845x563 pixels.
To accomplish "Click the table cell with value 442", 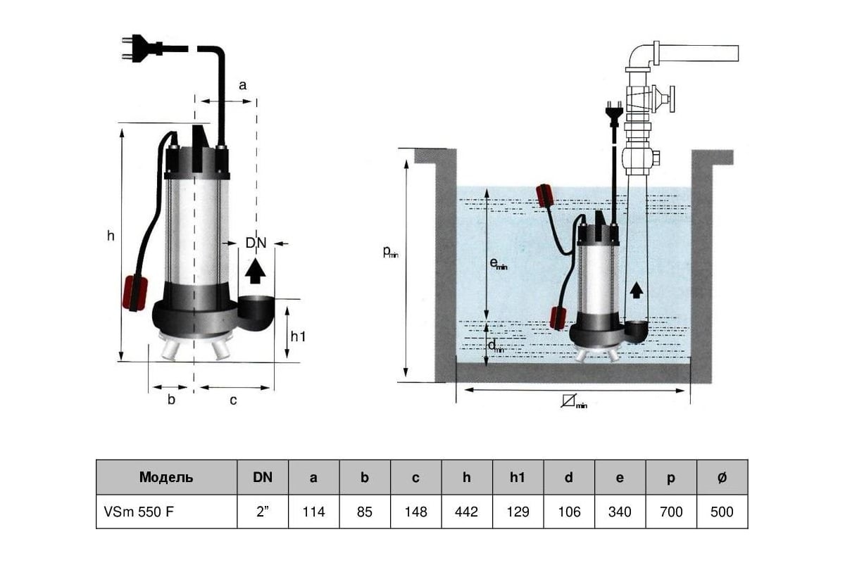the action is [x=467, y=512].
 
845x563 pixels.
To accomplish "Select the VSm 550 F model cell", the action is [x=166, y=512].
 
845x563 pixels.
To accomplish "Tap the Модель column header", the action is [x=166, y=477].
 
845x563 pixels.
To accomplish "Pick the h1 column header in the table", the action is [x=518, y=477].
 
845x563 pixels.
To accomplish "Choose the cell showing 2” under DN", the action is [x=263, y=512].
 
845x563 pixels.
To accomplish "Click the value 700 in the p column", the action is [x=671, y=512].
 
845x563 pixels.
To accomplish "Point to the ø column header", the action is [x=722, y=477].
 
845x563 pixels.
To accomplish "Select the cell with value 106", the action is [x=569, y=512].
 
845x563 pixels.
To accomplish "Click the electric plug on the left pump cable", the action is [x=142, y=48].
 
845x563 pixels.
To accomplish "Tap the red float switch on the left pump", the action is [x=134, y=293].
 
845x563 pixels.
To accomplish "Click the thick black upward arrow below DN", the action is [x=256, y=271].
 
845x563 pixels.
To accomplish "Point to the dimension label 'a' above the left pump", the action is [x=242, y=86].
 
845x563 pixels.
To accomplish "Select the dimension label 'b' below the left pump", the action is [x=171, y=399].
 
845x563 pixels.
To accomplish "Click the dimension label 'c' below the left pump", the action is [x=233, y=400].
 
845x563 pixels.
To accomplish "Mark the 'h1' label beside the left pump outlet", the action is [x=298, y=336].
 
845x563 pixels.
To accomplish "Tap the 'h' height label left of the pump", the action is [x=111, y=236].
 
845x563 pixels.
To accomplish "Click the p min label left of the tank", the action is [x=390, y=252].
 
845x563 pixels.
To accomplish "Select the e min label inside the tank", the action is [x=498, y=264].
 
